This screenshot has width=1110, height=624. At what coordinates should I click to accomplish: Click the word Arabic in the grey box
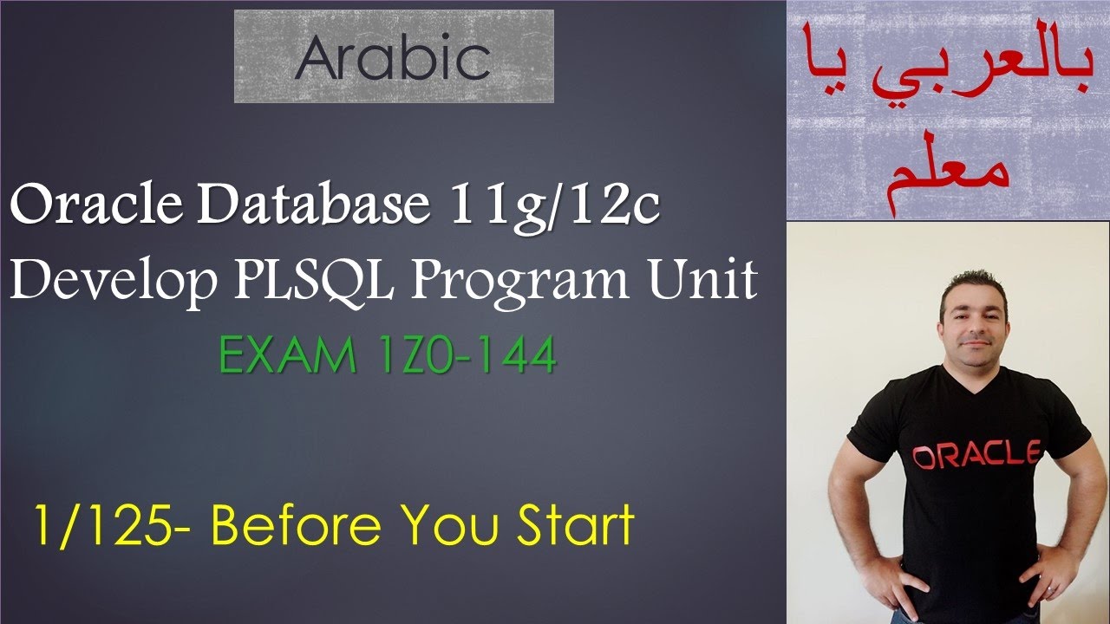click(x=393, y=58)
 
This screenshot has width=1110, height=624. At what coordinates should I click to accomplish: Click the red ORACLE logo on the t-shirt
click(x=976, y=454)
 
